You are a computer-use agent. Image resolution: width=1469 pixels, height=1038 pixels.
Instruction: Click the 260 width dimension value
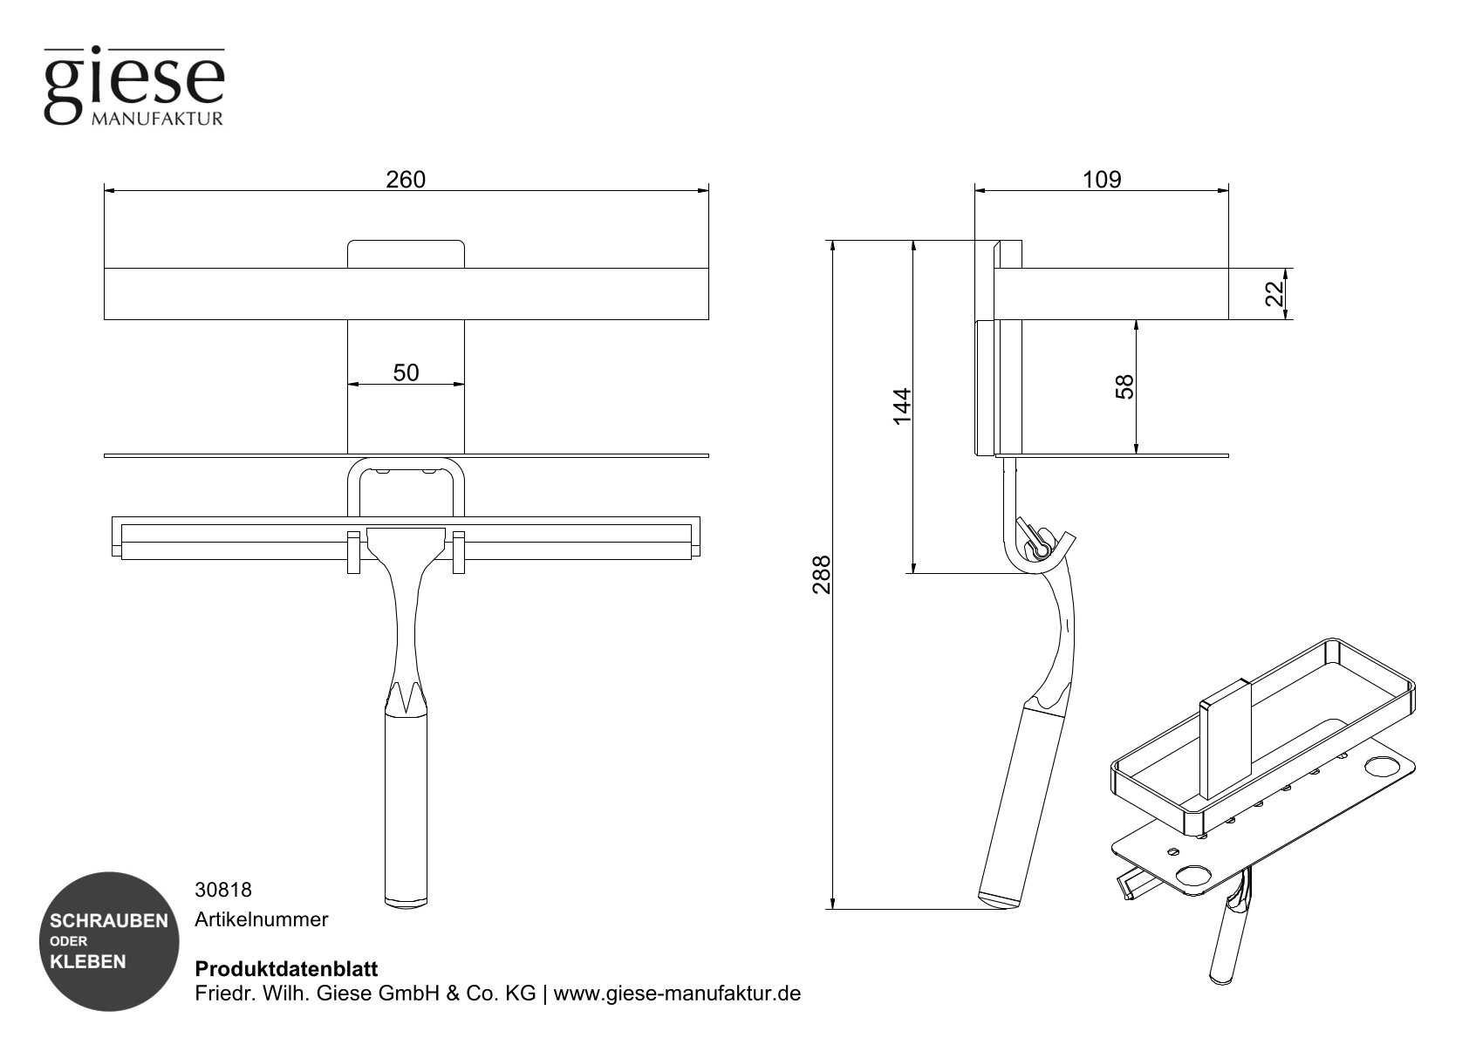tap(406, 180)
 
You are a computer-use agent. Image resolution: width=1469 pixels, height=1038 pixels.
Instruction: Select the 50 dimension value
tap(406, 373)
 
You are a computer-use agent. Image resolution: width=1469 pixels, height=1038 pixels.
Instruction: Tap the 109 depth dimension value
tap(1101, 180)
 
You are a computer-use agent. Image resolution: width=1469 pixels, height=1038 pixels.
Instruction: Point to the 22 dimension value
tap(1274, 294)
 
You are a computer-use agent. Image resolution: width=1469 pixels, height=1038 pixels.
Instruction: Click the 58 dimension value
tap(1125, 386)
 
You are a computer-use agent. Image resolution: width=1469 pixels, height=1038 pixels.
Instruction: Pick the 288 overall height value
tap(821, 574)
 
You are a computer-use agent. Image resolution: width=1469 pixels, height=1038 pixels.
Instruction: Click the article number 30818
tap(222, 890)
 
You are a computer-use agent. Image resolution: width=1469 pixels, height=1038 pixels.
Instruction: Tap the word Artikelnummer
tap(261, 919)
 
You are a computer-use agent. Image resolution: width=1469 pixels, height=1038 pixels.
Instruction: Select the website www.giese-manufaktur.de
tap(678, 994)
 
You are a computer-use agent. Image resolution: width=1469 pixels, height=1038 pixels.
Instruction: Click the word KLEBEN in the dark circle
tap(87, 962)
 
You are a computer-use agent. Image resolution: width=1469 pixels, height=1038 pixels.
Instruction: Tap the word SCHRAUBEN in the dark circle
tap(108, 921)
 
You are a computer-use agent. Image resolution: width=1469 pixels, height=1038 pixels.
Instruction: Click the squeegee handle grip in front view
tap(407, 807)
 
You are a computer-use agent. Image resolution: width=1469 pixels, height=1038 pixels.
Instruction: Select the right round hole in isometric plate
tap(1381, 768)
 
